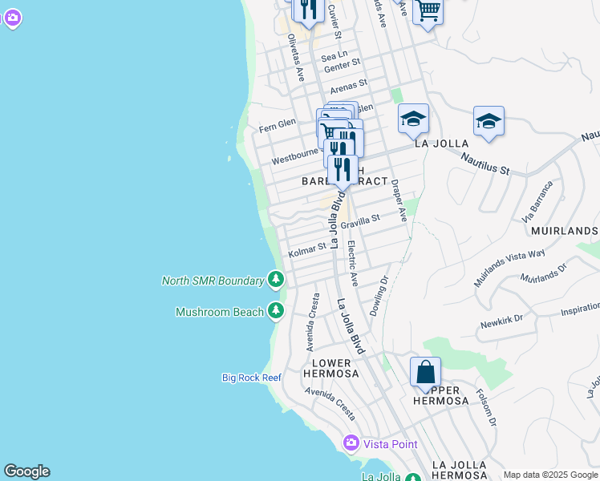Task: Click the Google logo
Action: point(26,471)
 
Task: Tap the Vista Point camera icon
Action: point(351,443)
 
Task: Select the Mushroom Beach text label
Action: point(220,312)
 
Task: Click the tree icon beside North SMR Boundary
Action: point(276,280)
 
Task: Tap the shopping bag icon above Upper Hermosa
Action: point(425,373)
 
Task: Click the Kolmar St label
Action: point(307,249)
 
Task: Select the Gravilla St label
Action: point(359,221)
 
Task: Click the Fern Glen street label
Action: point(278,127)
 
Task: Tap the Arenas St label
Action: point(348,84)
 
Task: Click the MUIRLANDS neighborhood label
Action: point(564,231)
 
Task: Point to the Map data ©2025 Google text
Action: point(550,475)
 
